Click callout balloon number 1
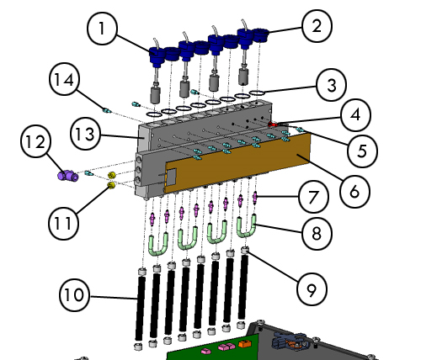coord(102,29)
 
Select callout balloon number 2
coord(317,26)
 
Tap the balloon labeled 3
coord(331,85)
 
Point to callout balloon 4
coord(356,115)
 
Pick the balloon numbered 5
coord(362,151)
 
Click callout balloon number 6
coord(354,192)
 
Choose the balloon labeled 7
coord(313,197)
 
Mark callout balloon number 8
coord(317,234)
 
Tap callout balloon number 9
coord(312,289)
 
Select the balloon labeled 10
coord(74,295)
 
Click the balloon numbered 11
coord(63,224)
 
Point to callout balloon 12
coord(36,142)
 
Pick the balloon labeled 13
coord(85,134)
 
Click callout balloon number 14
coord(64,80)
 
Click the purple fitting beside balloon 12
coord(68,175)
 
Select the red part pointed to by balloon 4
coord(272,124)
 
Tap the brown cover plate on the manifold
coord(238,162)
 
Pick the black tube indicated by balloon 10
coord(140,309)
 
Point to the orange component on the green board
coord(243,344)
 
